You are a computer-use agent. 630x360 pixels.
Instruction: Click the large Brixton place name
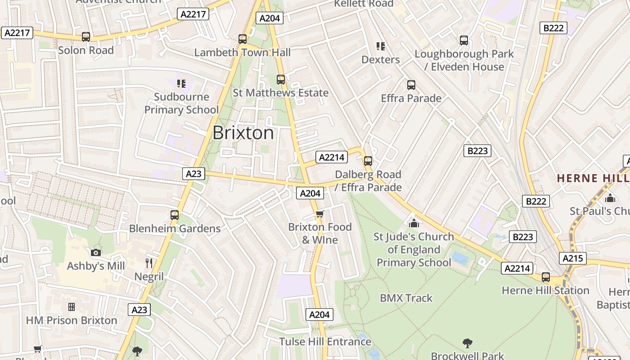243,133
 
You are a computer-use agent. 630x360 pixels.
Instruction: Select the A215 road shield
572,258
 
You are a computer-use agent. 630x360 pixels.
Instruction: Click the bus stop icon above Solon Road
85,37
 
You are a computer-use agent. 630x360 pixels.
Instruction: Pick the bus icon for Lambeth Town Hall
243,39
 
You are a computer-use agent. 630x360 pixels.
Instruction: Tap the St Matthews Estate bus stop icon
281,80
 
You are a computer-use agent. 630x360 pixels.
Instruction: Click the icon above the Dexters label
381,46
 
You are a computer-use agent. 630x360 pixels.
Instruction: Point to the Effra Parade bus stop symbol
411,85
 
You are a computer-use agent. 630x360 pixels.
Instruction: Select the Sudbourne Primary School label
181,103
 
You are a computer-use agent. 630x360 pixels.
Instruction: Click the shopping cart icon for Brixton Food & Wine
319,214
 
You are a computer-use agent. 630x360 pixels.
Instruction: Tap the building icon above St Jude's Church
414,223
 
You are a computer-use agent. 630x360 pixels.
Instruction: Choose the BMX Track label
406,298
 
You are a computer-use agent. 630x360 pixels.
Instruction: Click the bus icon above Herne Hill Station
546,277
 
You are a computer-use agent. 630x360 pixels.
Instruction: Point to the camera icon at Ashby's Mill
96,252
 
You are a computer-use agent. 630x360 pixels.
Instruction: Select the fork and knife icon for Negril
149,263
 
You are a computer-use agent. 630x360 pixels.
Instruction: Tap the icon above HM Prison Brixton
71,307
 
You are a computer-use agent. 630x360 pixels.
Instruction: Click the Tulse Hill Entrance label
325,342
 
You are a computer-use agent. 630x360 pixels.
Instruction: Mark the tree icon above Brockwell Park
468,343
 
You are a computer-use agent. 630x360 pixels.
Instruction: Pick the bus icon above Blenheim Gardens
175,215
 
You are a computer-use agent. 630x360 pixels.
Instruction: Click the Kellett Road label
364,4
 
